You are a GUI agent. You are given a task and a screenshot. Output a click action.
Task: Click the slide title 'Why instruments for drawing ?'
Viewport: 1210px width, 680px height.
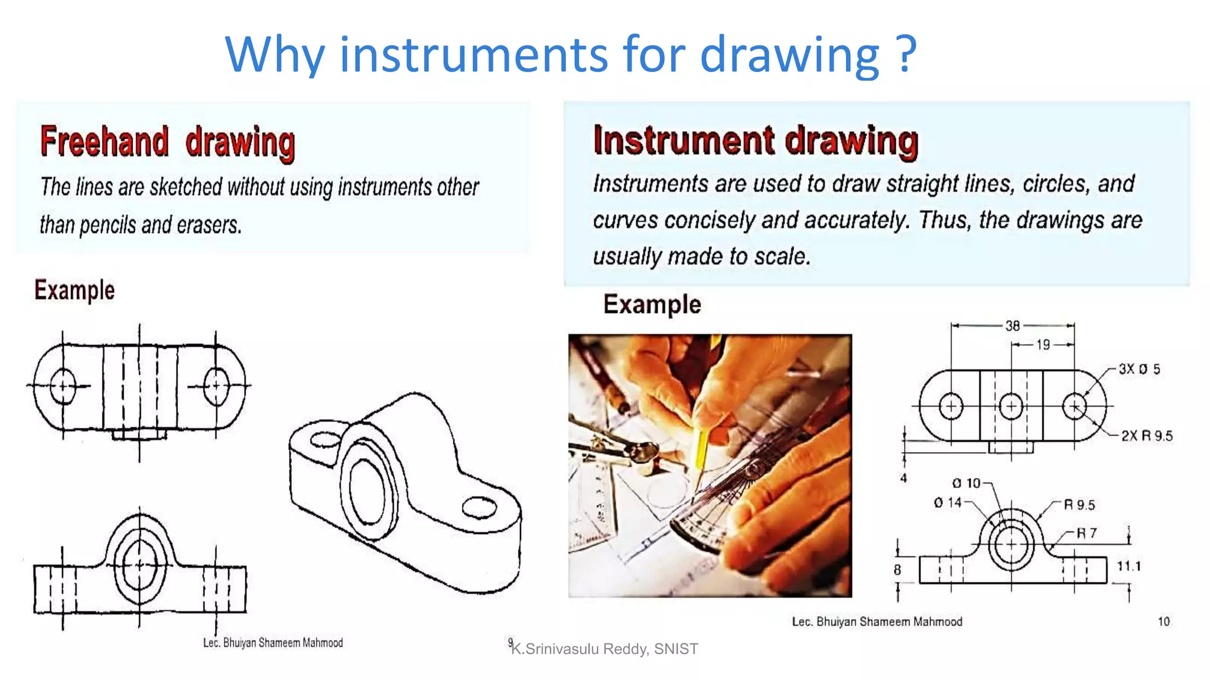(570, 54)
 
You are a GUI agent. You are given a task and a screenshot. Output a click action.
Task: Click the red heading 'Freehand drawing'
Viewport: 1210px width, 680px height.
(168, 142)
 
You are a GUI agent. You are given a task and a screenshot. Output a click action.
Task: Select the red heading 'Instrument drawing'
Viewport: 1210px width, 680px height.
(756, 141)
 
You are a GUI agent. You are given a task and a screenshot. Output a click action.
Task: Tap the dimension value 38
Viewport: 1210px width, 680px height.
(1013, 326)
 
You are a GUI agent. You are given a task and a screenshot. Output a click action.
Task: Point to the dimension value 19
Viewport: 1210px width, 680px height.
(1043, 345)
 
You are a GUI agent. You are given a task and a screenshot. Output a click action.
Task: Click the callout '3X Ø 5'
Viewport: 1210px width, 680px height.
(1139, 370)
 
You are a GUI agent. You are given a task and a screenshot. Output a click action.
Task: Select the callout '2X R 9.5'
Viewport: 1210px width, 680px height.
(1147, 436)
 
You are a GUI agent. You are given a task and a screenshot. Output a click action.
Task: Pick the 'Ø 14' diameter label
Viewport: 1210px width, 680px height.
(948, 503)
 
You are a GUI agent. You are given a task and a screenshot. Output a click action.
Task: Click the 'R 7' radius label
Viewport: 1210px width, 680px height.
(1086, 534)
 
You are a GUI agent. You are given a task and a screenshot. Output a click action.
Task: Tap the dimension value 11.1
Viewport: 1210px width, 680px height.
(1128, 567)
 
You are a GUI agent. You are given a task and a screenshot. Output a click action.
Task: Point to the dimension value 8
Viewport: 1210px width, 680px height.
(897, 570)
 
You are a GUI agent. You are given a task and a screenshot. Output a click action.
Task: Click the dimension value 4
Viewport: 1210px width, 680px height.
(903, 478)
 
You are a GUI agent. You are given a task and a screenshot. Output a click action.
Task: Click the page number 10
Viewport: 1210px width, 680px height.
(1163, 622)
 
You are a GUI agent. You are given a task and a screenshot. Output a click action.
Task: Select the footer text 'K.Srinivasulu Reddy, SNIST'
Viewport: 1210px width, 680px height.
(604, 649)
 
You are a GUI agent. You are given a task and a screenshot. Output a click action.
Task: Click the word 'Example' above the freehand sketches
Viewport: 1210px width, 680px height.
(74, 290)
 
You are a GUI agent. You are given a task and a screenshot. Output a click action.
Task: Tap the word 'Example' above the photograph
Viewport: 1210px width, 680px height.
(652, 305)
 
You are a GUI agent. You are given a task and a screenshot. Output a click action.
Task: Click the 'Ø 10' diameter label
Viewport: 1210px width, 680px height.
(967, 483)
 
